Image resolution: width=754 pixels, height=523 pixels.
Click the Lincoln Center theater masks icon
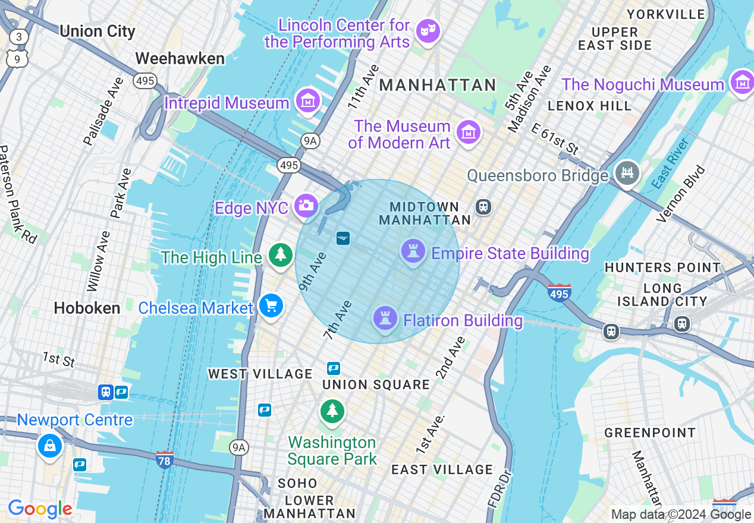[x=428, y=30]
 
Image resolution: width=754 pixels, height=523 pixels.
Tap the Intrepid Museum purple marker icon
[x=308, y=101]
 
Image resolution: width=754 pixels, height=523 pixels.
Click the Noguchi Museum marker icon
[x=741, y=83]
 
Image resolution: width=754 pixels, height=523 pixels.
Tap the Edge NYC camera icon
[x=306, y=206]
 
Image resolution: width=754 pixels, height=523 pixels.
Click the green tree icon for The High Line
[x=279, y=255]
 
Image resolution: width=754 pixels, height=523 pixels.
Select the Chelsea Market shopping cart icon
[x=271, y=307]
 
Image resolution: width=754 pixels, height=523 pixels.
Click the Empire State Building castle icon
[x=413, y=251]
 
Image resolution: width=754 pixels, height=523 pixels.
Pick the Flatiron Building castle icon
[x=385, y=319]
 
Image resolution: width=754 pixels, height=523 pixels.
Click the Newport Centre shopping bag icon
[x=49, y=445]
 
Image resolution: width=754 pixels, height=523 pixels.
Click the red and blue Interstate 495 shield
[x=560, y=292]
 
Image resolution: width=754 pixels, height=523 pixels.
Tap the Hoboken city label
[x=87, y=308]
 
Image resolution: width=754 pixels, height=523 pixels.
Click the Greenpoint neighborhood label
[x=650, y=433]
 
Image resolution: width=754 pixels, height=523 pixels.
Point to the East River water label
[x=670, y=164]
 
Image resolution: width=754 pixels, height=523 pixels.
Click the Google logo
[x=40, y=509]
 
